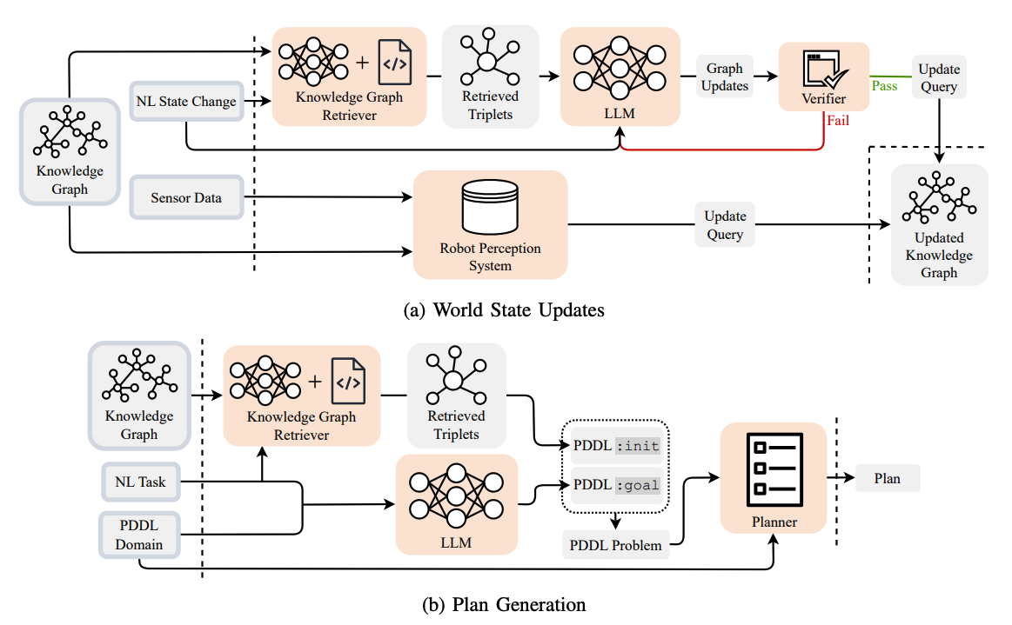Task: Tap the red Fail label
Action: [838, 122]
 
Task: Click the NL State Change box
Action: [185, 102]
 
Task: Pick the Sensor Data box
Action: [185, 198]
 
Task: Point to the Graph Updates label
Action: [724, 76]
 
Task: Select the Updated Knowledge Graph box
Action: [938, 224]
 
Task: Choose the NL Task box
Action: [139, 480]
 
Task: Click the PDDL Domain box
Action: [139, 534]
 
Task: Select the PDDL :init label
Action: [616, 446]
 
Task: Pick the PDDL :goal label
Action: [616, 484]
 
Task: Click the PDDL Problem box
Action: [615, 546]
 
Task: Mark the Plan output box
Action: [887, 478]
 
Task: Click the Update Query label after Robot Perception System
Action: [724, 225]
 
